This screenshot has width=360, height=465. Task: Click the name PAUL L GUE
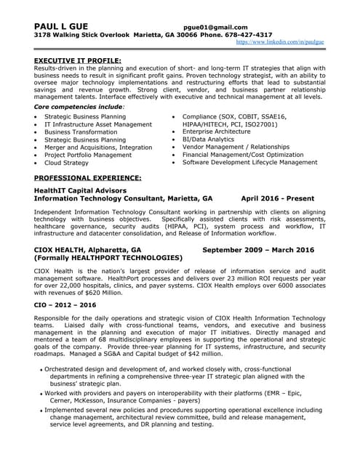(x=61, y=26)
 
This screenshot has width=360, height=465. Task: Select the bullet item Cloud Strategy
(x=66, y=163)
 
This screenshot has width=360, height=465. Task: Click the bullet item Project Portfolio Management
(x=88, y=155)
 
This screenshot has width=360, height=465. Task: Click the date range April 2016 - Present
(x=277, y=197)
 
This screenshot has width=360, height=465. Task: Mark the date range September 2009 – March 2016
(x=257, y=249)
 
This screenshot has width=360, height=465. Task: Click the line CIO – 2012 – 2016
(x=64, y=304)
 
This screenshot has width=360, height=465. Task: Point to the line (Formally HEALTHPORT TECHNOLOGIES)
(x=108, y=258)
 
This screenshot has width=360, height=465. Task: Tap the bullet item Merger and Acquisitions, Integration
(x=98, y=147)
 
